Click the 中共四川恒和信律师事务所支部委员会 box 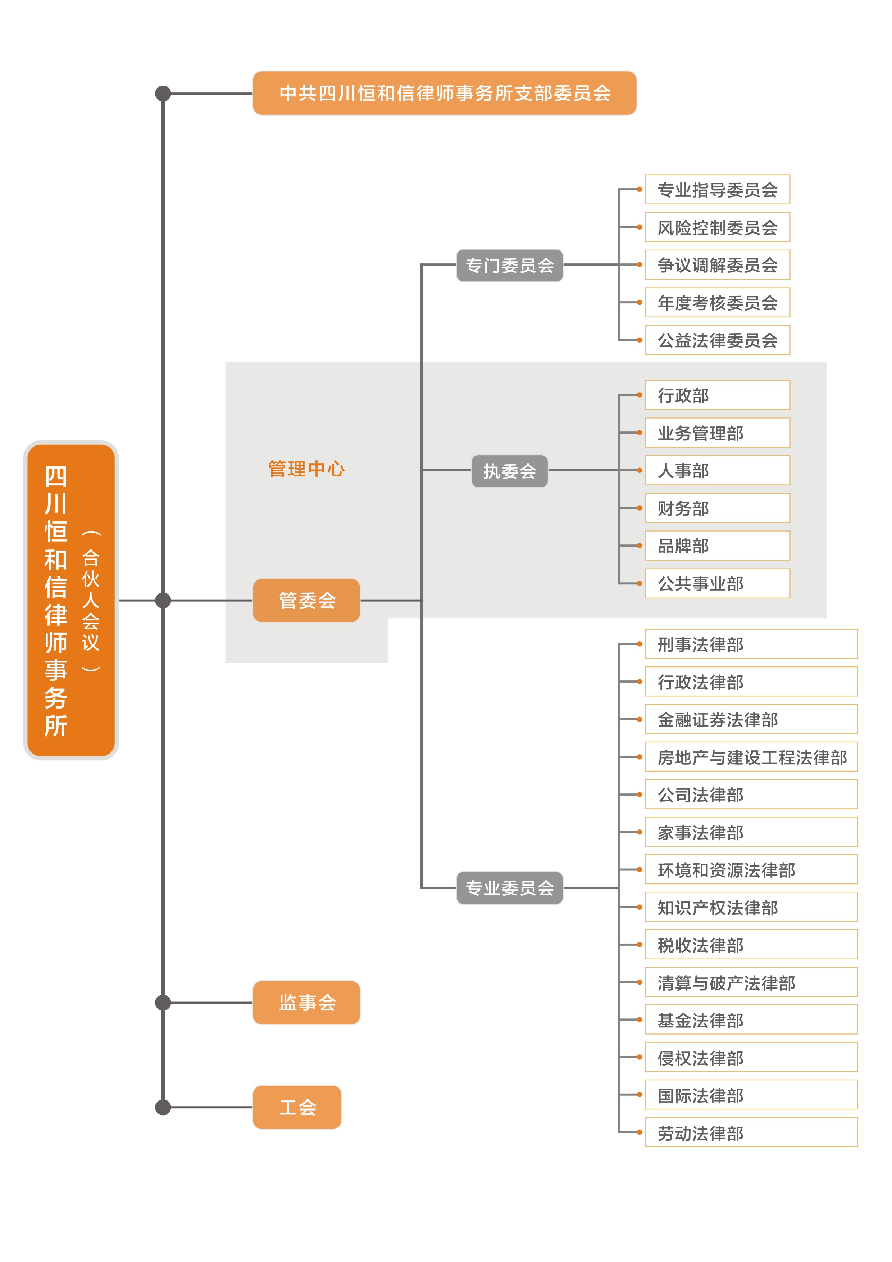coord(444,93)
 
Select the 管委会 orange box coord(306,600)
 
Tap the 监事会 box coord(306,1003)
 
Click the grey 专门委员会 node coord(510,266)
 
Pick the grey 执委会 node coord(510,471)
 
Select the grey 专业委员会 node coord(510,888)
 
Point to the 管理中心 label coord(306,469)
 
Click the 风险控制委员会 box coord(717,227)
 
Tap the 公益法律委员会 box coord(717,340)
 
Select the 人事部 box coord(717,470)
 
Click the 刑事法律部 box coord(751,644)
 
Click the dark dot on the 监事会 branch coord(163,1003)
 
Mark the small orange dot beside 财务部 coord(640,508)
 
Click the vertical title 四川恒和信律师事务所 coord(56,601)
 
